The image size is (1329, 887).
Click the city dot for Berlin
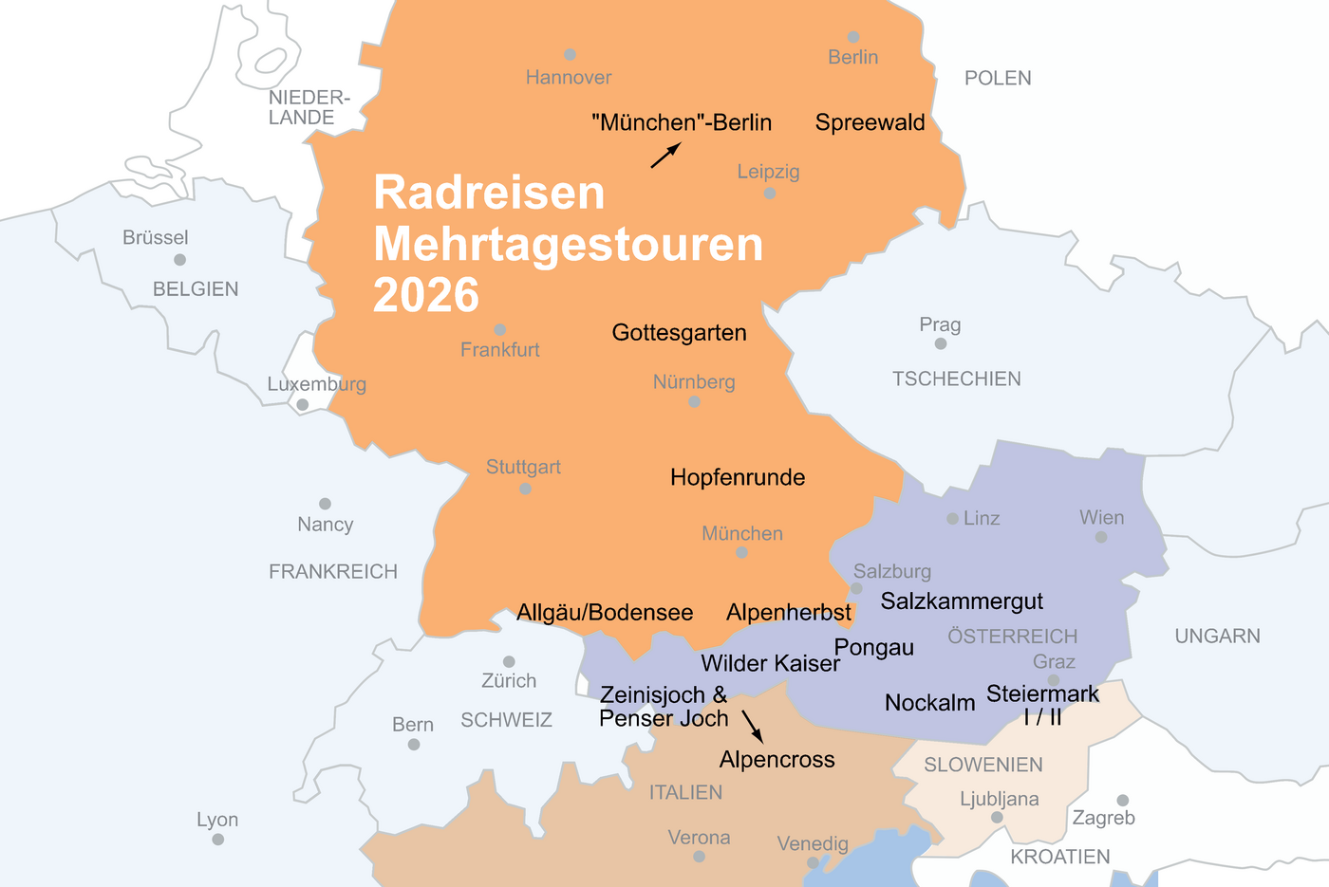click(853, 37)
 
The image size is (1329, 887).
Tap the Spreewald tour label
click(870, 122)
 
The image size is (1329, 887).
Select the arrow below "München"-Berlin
click(666, 155)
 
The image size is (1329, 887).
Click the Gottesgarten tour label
click(679, 333)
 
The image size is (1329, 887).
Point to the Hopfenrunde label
click(738, 477)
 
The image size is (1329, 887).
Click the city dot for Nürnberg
click(694, 402)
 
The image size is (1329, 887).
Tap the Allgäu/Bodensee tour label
click(605, 613)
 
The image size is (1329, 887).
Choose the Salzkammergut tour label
click(962, 601)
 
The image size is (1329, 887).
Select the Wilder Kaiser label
click(770, 663)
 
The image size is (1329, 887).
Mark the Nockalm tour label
click(929, 703)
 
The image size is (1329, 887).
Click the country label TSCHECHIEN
click(956, 379)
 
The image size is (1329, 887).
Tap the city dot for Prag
click(941, 343)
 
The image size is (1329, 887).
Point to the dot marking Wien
click(1101, 537)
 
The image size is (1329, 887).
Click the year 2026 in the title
click(426, 295)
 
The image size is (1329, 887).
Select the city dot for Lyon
click(218, 840)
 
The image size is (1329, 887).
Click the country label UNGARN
click(1217, 637)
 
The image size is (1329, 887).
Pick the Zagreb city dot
click(1122, 800)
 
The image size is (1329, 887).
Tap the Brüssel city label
click(156, 238)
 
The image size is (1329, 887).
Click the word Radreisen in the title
click(489, 193)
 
